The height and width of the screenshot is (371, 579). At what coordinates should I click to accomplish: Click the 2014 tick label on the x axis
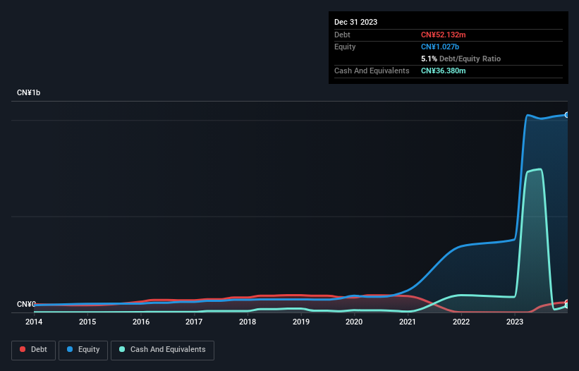pyautogui.click(x=34, y=322)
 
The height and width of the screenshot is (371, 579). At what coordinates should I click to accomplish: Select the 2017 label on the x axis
pyautogui.click(x=194, y=322)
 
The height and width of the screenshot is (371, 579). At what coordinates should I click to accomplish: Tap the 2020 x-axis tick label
pyautogui.click(x=354, y=322)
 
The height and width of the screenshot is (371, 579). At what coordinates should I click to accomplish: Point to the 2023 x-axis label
pyautogui.click(x=515, y=322)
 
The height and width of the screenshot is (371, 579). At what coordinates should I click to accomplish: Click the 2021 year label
pyautogui.click(x=408, y=322)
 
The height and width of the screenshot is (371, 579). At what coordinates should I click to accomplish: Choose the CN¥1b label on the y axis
pyautogui.click(x=29, y=93)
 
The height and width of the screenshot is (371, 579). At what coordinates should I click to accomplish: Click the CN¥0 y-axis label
pyautogui.click(x=26, y=305)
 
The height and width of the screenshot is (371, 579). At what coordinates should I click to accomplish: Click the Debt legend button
pyautogui.click(x=33, y=350)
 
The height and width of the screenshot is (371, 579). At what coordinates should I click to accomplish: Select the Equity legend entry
pyautogui.click(x=83, y=350)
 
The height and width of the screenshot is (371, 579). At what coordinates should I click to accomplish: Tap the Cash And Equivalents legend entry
pyautogui.click(x=162, y=350)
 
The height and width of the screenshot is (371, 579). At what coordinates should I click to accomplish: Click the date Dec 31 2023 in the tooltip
pyautogui.click(x=356, y=22)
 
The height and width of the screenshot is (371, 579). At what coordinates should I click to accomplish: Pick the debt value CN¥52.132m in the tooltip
pyautogui.click(x=444, y=35)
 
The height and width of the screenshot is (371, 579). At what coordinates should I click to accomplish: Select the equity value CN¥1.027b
pyautogui.click(x=441, y=47)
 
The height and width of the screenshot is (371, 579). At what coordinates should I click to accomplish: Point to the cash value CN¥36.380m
pyautogui.click(x=444, y=71)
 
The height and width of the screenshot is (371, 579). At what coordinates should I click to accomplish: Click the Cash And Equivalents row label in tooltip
pyautogui.click(x=372, y=71)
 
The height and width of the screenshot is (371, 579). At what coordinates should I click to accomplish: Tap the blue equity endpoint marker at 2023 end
pyautogui.click(x=566, y=114)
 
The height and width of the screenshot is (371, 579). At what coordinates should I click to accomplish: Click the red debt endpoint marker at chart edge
pyautogui.click(x=566, y=302)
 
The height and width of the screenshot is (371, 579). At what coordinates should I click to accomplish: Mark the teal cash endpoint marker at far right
pyautogui.click(x=566, y=305)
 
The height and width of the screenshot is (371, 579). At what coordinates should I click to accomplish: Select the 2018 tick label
pyautogui.click(x=248, y=322)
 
